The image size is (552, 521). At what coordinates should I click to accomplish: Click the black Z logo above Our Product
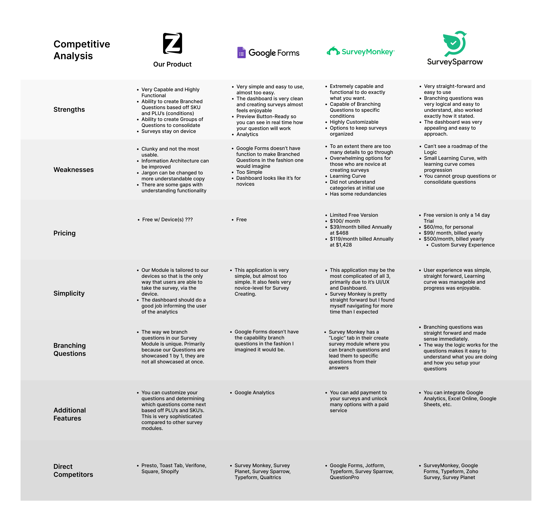pyautogui.click(x=172, y=43)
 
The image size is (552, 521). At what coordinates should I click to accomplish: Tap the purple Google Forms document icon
pyautogui.click(x=241, y=52)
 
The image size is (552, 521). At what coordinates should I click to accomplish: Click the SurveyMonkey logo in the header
pyautogui.click(x=361, y=52)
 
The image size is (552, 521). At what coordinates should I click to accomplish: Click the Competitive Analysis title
pyautogui.click(x=82, y=50)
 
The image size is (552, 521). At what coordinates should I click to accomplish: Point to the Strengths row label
pyautogui.click(x=69, y=110)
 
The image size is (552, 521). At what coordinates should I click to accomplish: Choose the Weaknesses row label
pyautogui.click(x=74, y=170)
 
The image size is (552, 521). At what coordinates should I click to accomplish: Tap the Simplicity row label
pyautogui.click(x=69, y=293)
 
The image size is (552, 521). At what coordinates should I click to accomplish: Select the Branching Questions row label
pyautogui.click(x=70, y=349)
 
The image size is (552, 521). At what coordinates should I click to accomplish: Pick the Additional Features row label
pyautogui.click(x=70, y=414)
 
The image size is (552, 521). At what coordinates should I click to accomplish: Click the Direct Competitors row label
pyautogui.click(x=73, y=470)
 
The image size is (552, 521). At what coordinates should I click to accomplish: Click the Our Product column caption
pyautogui.click(x=172, y=65)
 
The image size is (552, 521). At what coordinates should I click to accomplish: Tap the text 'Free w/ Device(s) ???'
pyautogui.click(x=167, y=220)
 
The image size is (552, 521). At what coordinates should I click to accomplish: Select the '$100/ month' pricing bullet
pyautogui.click(x=345, y=221)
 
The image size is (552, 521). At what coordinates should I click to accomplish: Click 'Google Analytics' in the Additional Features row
pyautogui.click(x=254, y=392)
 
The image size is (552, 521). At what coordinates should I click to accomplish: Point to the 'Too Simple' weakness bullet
pyautogui.click(x=249, y=172)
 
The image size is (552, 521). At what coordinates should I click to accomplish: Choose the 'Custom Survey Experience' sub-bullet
pyautogui.click(x=463, y=245)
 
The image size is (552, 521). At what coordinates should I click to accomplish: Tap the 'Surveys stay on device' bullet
pyautogui.click(x=168, y=131)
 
